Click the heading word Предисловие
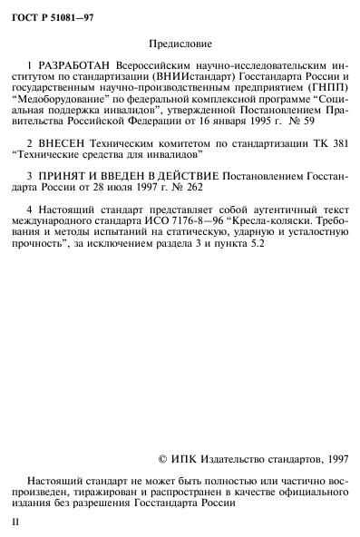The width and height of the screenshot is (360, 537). (x=180, y=43)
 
